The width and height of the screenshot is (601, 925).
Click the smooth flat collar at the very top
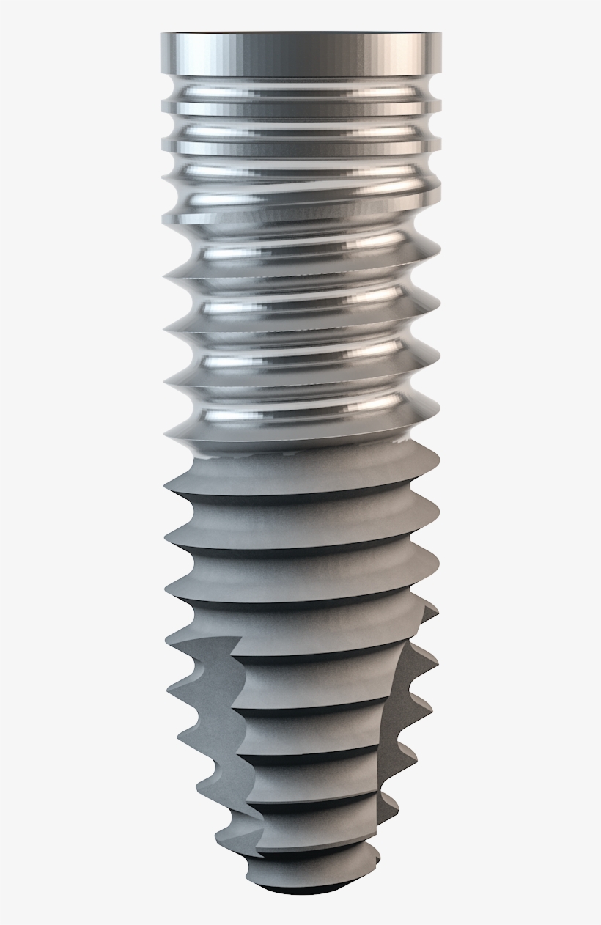300,53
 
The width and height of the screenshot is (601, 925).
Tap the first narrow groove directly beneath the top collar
300,92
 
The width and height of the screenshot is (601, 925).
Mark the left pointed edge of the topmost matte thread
167,487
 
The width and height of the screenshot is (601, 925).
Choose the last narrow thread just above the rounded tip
315,854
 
